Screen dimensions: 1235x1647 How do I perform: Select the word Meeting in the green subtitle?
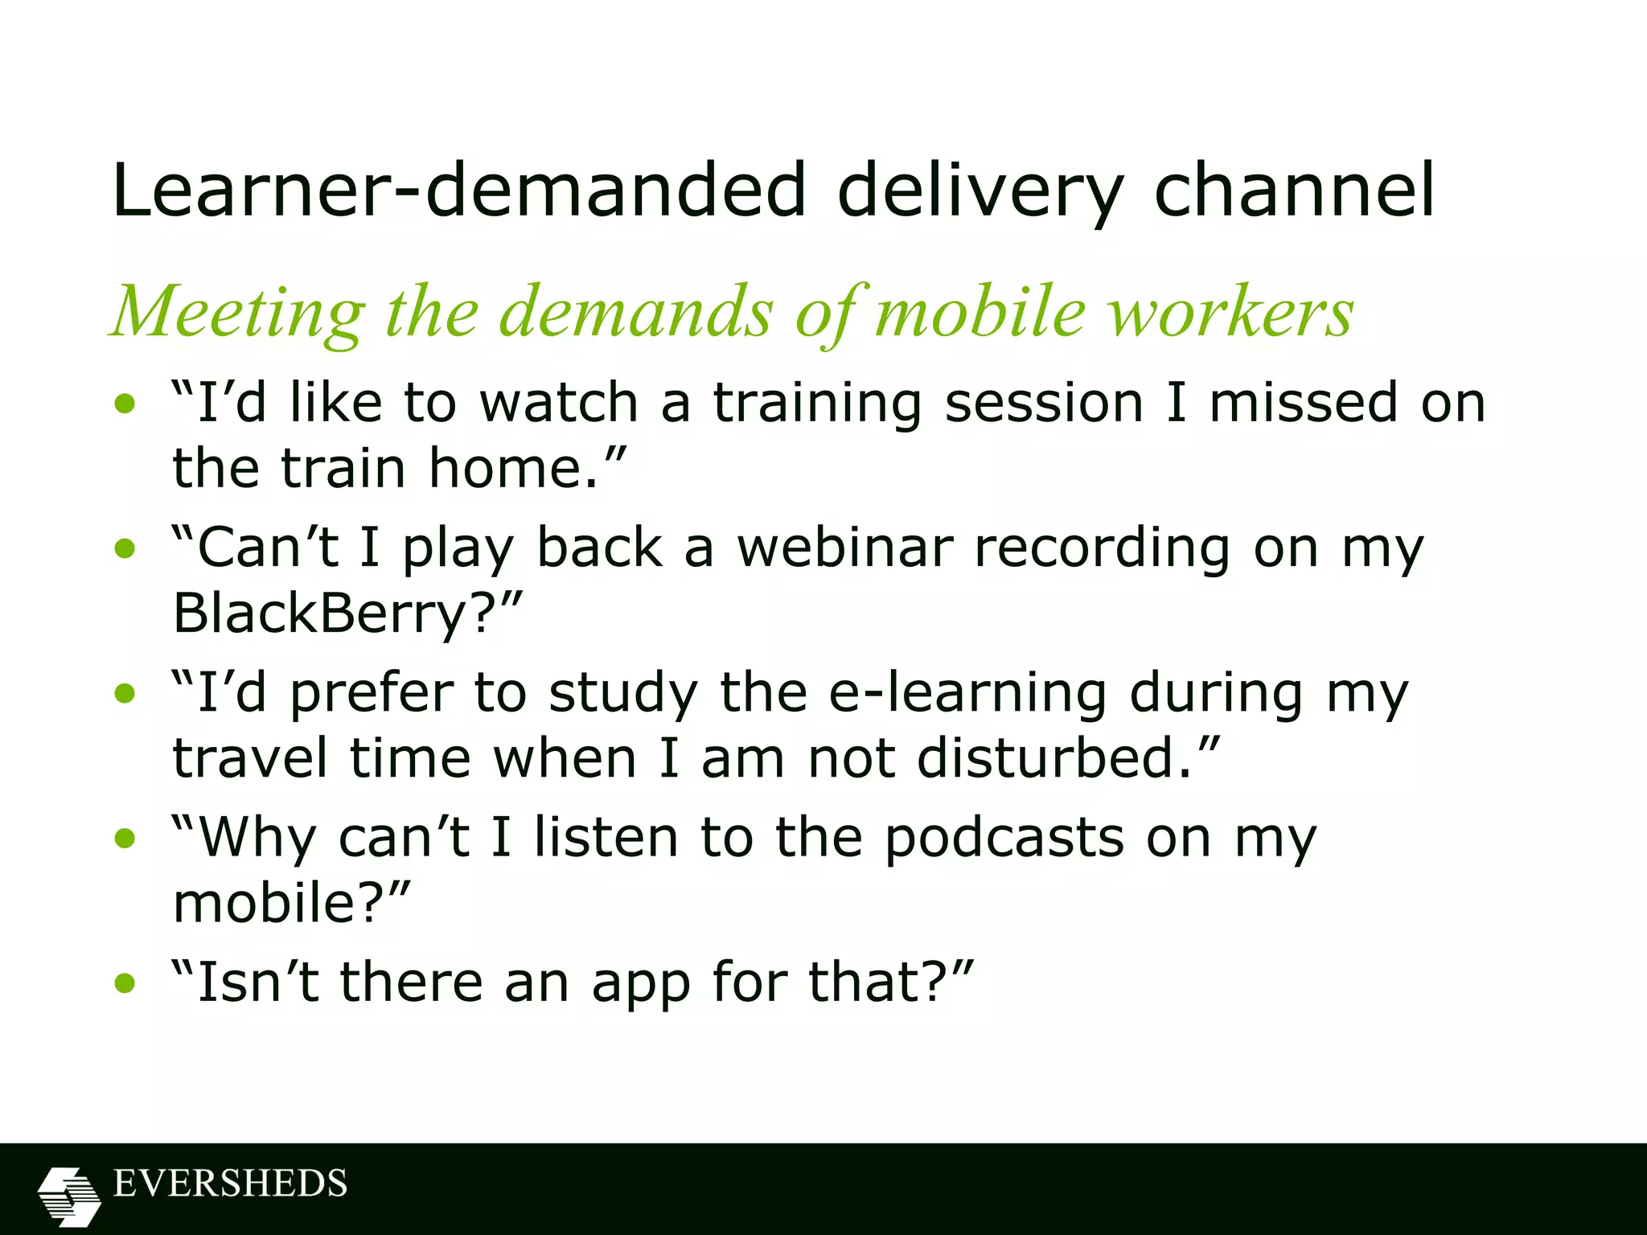point(238,314)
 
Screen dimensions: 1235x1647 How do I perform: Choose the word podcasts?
point(1004,838)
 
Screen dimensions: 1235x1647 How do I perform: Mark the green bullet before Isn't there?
point(125,983)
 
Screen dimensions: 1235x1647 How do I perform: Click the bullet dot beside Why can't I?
point(125,839)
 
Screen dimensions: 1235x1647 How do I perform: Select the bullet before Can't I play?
point(125,549)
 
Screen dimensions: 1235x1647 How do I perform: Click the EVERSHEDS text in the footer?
point(230,1184)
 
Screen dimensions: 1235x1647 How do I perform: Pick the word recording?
point(1102,549)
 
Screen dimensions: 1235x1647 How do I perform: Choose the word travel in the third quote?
point(249,758)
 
